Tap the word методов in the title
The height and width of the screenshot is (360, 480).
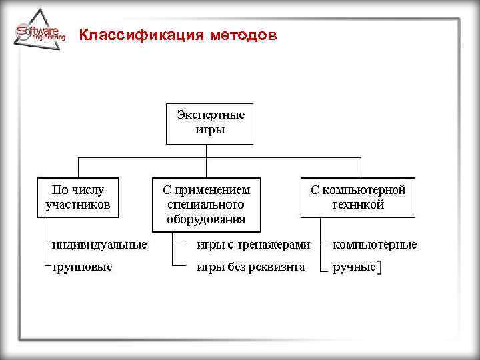point(241,35)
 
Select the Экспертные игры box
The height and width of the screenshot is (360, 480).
point(209,123)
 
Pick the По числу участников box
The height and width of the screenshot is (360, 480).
point(77,197)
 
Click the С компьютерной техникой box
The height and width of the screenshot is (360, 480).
point(358,197)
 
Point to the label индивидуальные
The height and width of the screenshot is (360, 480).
point(100,245)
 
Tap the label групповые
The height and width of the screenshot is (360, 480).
point(83,267)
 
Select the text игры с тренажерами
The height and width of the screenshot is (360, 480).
point(253,245)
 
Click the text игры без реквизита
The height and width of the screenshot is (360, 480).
point(250,267)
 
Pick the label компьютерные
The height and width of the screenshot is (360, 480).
point(375,245)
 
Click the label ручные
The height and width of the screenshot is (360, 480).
point(354,268)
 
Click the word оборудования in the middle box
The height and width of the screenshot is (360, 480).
point(206,219)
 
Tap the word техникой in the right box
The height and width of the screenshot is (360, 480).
point(358,205)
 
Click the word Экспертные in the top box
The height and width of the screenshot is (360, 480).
point(210,115)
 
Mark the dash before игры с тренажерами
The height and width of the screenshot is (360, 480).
point(179,245)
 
